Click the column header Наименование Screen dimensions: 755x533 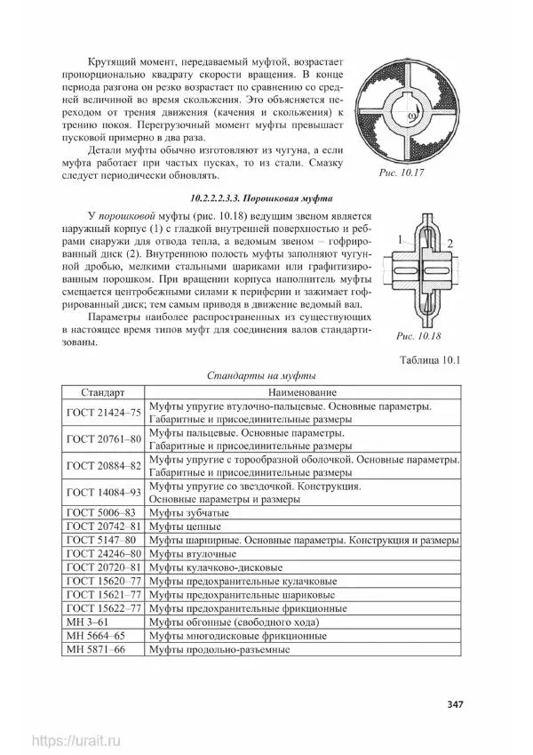(303, 392)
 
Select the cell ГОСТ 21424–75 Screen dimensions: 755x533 (104, 413)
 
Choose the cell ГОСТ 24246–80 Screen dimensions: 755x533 (104, 554)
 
